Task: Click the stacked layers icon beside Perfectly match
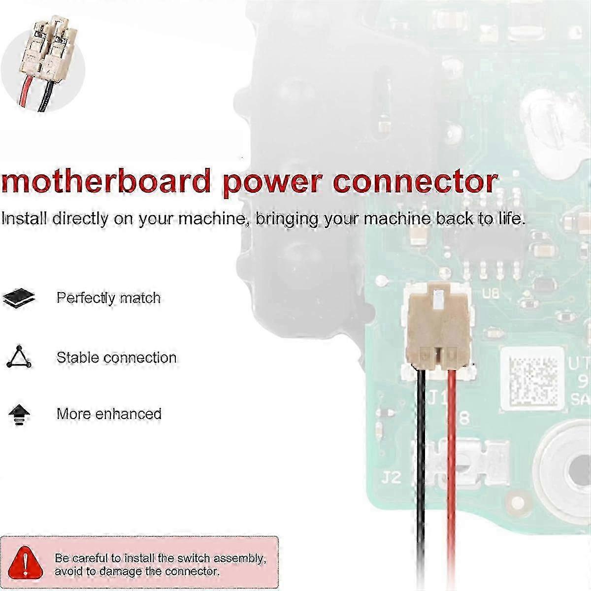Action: coord(19,297)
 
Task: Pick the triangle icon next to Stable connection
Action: coord(19,357)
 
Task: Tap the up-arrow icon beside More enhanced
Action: coord(19,413)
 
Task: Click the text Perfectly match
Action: coord(108,298)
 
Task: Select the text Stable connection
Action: coord(116,357)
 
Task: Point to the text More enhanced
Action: coord(109,414)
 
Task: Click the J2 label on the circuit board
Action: coord(392,477)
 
